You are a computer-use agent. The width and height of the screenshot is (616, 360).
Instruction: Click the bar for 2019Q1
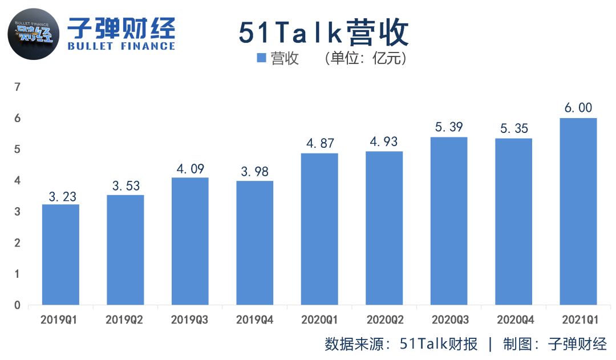click(60, 254)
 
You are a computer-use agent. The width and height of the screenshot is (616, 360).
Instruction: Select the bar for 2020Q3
click(448, 221)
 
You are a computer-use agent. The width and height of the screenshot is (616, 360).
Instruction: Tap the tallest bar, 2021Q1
click(578, 211)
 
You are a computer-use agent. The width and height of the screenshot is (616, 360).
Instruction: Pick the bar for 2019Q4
click(254, 242)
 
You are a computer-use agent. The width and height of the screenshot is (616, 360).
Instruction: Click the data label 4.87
click(319, 143)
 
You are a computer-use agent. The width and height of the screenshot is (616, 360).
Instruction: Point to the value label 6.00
click(578, 108)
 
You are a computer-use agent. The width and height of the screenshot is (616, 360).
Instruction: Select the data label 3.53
click(125, 185)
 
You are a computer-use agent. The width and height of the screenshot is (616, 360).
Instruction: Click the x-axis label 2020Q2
click(384, 319)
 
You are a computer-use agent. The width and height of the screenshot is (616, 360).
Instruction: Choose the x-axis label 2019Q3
click(190, 319)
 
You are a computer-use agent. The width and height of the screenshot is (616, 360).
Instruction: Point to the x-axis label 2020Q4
click(513, 319)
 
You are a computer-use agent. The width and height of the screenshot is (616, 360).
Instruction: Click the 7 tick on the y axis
click(17, 87)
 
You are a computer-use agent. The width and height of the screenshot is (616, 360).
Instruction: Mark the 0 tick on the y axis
click(17, 305)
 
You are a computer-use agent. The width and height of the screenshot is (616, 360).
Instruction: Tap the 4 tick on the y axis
click(17, 181)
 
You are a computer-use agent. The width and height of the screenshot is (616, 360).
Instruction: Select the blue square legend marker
click(261, 58)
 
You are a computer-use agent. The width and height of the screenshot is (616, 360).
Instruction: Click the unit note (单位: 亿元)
click(365, 58)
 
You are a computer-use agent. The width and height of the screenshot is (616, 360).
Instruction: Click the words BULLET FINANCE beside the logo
click(121, 46)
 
